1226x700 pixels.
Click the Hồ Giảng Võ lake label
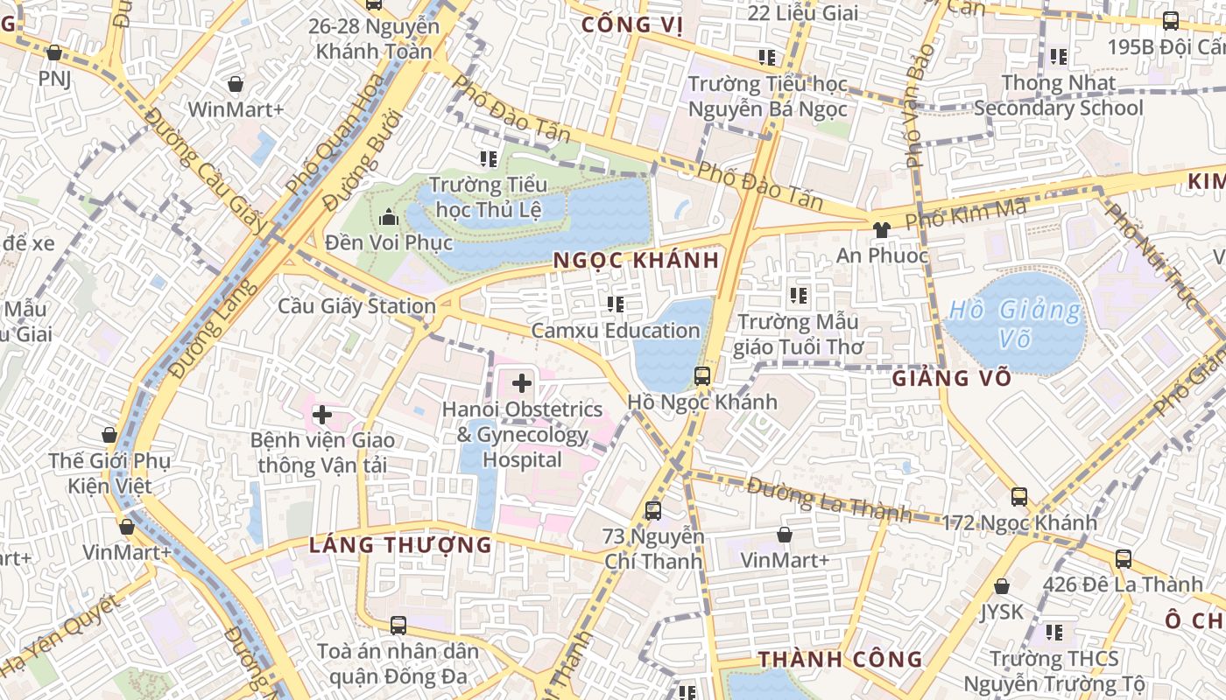pos(1016,323)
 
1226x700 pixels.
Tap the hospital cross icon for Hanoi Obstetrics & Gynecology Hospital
pos(522,382)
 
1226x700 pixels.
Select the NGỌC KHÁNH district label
pos(637,260)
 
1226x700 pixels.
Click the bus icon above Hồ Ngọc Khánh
pos(701,376)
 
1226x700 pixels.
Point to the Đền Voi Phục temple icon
pos(388,216)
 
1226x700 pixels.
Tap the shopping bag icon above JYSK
pos(1001,586)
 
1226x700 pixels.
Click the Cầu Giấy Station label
pos(356,306)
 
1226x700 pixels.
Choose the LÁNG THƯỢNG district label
pos(400,545)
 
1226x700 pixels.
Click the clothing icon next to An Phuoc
pos(881,229)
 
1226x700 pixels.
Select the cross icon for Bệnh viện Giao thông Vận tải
pos(322,414)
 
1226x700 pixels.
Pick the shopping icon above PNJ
pos(54,52)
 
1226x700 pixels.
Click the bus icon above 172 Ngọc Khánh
pos(1018,496)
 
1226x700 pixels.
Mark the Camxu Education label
pos(616,331)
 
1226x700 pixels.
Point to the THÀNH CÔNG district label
pos(840,659)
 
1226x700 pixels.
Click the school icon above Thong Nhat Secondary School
pos(1059,57)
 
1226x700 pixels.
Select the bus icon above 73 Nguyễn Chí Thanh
pos(652,510)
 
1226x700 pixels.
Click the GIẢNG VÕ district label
pos(952,378)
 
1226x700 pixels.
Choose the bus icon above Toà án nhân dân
pos(398,625)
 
